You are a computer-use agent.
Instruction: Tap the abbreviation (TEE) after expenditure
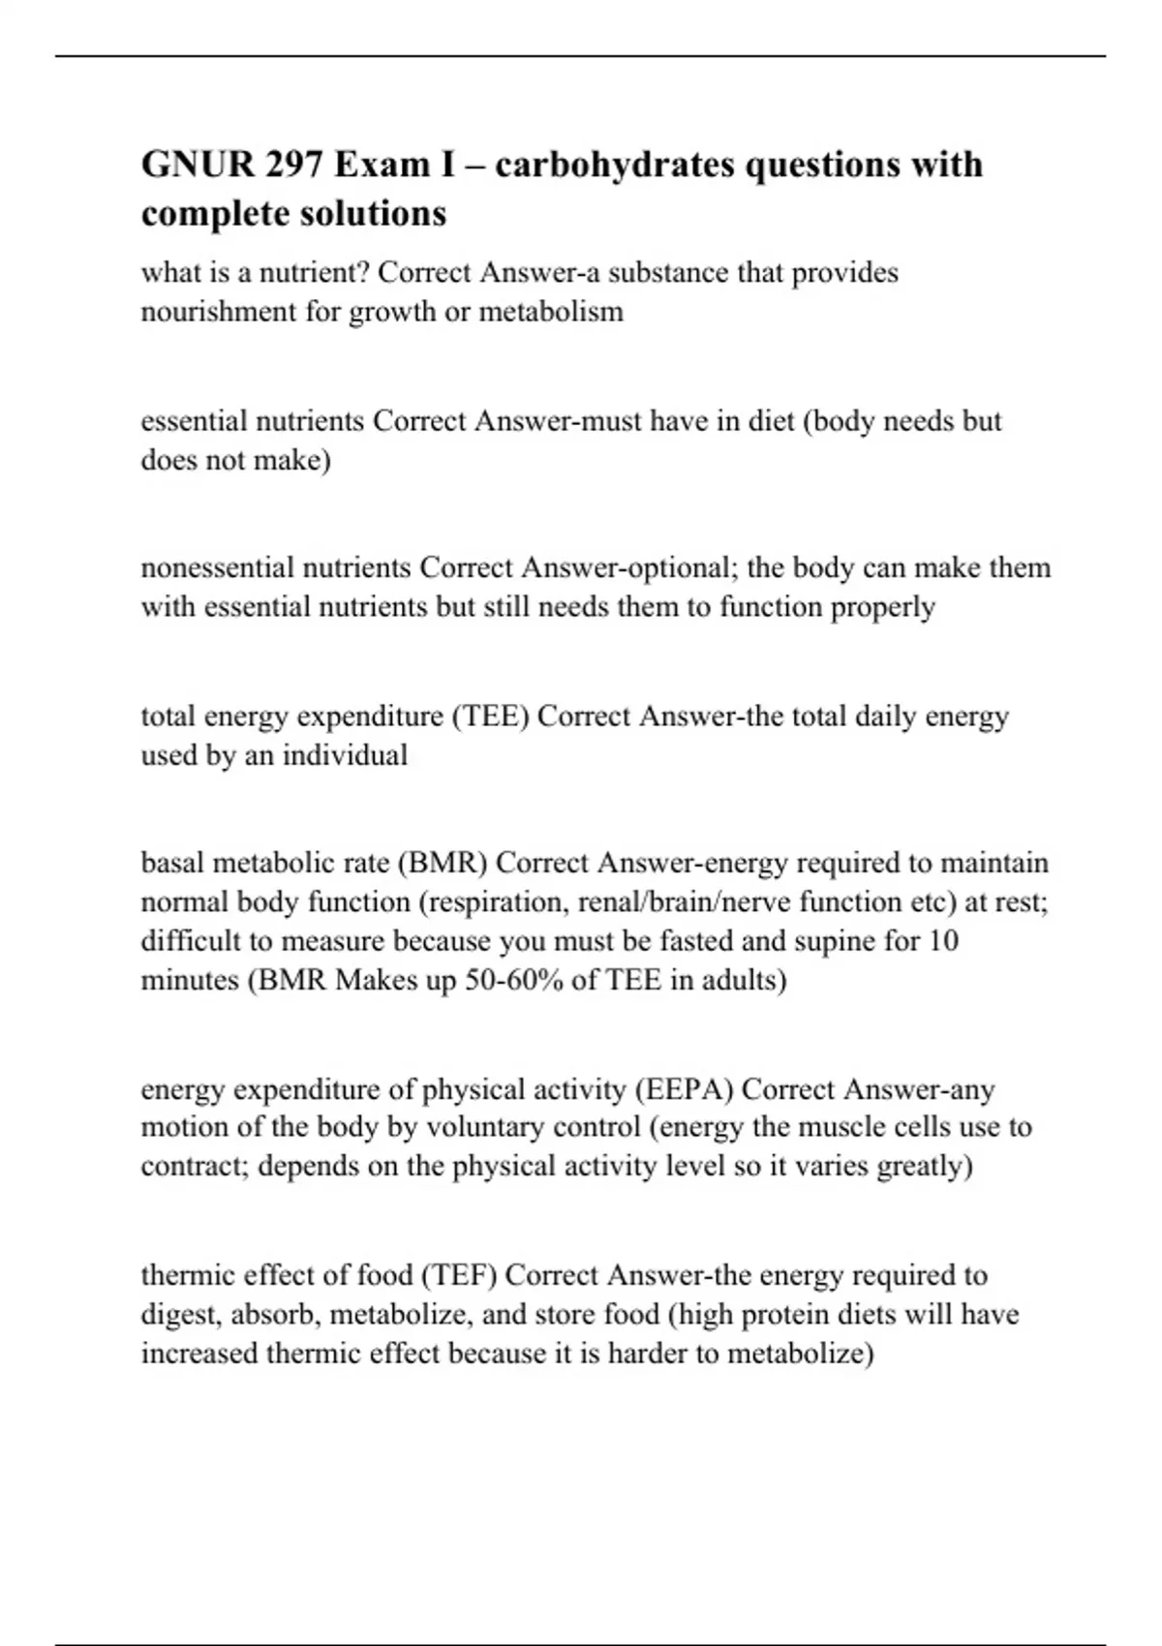(x=489, y=716)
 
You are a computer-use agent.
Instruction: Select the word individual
(x=345, y=755)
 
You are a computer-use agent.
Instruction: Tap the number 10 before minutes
(x=943, y=941)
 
